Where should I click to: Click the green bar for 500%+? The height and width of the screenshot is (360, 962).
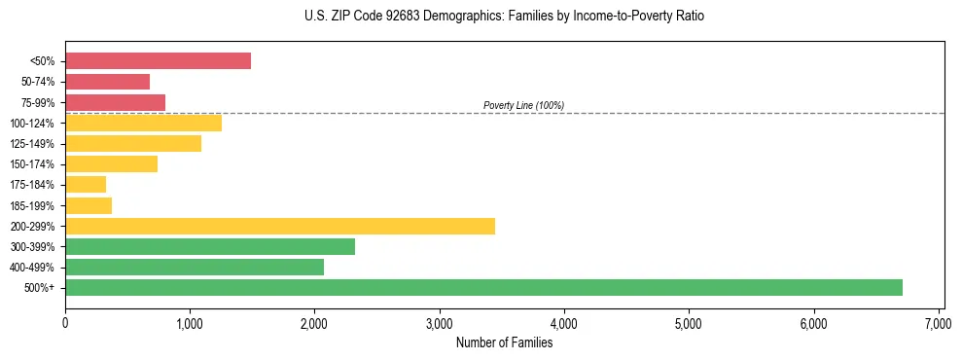coord(483,287)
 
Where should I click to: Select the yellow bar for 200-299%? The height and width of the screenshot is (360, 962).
coord(280,226)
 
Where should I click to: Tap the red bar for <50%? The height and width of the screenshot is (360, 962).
coord(158,61)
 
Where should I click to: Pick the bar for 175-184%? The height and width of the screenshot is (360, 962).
coord(86,185)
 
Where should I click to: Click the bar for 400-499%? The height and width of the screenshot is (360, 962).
coord(195,267)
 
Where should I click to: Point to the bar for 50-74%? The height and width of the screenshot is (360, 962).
coord(107,82)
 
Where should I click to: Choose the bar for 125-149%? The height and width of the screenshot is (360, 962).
coord(133,143)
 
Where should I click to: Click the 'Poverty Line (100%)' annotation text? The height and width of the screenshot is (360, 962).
coord(523,105)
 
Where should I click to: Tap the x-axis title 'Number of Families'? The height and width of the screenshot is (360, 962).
coord(504,342)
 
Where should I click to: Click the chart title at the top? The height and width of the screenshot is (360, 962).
coord(503,17)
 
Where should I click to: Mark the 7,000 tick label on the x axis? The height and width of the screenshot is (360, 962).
coord(939,323)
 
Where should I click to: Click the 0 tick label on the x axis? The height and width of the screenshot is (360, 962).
coord(65,323)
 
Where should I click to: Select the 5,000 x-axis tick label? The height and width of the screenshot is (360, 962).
coord(689,323)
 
